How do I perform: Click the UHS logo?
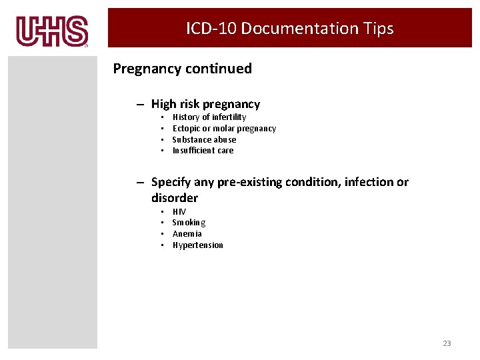click(52, 31)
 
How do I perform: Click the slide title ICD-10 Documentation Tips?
click(289, 29)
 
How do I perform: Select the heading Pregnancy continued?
click(182, 69)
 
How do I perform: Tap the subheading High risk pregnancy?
click(205, 104)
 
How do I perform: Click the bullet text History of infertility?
click(209, 117)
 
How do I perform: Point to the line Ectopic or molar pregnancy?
click(223, 129)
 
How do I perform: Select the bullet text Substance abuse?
click(204, 140)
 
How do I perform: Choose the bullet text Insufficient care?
click(203, 151)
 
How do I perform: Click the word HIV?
click(179, 212)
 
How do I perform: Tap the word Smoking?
click(189, 223)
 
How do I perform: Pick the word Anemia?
click(187, 234)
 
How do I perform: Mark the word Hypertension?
click(197, 245)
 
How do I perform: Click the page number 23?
click(447, 343)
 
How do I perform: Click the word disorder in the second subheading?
click(174, 198)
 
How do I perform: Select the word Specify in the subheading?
click(171, 182)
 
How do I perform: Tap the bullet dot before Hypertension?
click(163, 245)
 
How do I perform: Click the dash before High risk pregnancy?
click(141, 105)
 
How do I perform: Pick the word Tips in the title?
click(379, 29)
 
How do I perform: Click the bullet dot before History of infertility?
click(163, 117)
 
